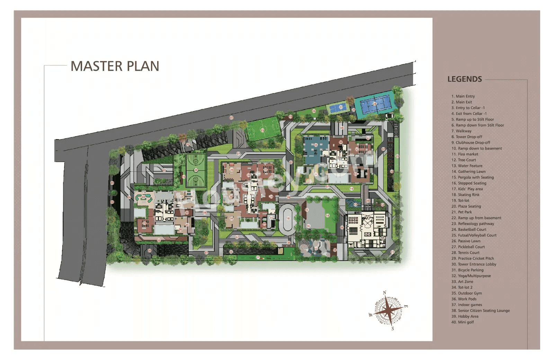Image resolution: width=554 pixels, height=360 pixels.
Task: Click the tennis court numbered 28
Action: coord(375,103)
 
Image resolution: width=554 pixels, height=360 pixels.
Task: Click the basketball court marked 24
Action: coord(196,170)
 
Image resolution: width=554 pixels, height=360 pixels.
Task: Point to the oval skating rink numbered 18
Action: coord(288,218)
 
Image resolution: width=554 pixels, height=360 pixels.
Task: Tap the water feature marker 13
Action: coord(355,204)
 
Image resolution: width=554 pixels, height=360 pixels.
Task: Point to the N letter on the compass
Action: coord(384,293)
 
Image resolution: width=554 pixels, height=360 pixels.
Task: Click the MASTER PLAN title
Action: coord(115,66)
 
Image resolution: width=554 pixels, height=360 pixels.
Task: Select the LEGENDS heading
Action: coord(464,79)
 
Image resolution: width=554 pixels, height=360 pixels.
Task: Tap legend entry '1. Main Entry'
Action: coord(463,96)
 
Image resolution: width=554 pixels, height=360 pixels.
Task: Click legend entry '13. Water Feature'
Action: coord(467,166)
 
